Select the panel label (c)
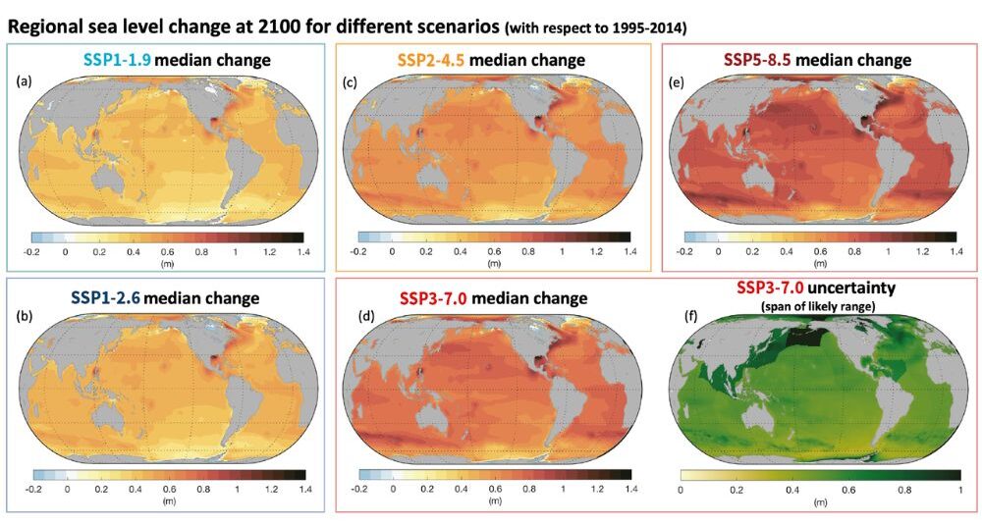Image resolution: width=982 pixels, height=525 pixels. coord(351,81)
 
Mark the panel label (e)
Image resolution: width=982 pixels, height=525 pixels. coord(677,81)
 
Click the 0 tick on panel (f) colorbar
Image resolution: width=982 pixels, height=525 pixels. coord(682,489)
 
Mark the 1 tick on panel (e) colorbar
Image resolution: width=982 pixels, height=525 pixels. coord(888,252)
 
